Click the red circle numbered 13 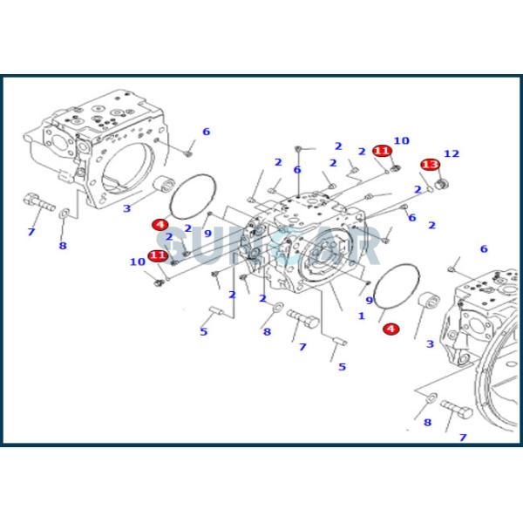[x=429, y=165]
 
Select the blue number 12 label [x=451, y=153]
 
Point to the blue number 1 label [x=362, y=315]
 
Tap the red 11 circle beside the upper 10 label [x=381, y=151]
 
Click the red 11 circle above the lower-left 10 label [x=157, y=255]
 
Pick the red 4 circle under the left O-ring [x=160, y=225]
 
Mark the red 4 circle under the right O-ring [x=391, y=329]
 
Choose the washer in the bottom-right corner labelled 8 [x=430, y=399]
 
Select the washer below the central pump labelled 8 [x=276, y=308]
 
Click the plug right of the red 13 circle [x=442, y=184]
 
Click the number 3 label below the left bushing [x=126, y=207]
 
